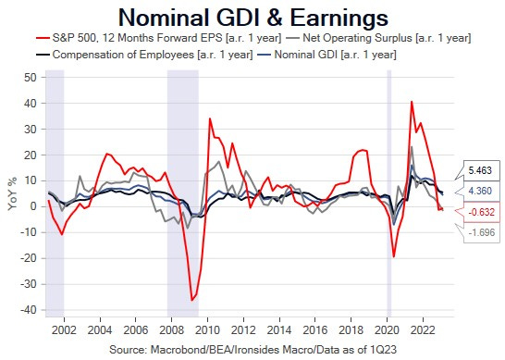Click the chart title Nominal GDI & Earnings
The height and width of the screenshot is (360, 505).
(x=253, y=17)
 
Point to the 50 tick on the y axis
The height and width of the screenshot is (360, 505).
(x=30, y=78)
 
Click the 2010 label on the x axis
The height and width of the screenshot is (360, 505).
(x=207, y=329)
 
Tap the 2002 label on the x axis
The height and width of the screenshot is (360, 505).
(x=64, y=329)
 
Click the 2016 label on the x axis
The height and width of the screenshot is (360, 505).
(x=315, y=329)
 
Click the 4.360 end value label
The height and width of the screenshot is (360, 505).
(x=481, y=191)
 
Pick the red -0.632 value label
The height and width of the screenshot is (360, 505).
(x=481, y=212)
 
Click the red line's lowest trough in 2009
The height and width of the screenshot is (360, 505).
(x=192, y=300)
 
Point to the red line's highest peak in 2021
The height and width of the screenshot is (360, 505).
(x=412, y=101)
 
